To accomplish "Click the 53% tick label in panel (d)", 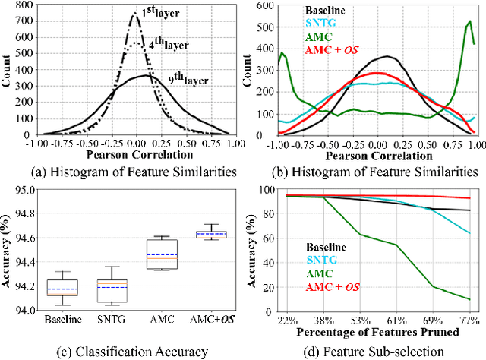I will tap(361, 321).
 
